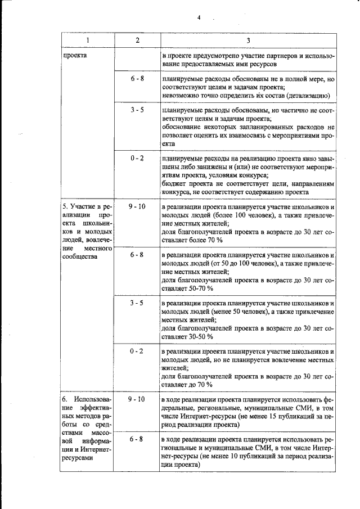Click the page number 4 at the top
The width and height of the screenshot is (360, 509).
click(x=199, y=17)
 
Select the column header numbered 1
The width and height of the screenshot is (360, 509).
click(x=87, y=41)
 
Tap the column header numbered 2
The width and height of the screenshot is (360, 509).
click(x=137, y=41)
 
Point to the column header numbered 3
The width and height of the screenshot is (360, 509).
click(x=248, y=41)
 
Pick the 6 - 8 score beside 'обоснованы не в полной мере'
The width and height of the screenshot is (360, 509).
click(x=137, y=79)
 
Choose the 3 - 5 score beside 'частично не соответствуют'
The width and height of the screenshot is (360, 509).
click(x=137, y=110)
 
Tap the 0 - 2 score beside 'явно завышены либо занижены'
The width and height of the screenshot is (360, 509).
click(x=137, y=159)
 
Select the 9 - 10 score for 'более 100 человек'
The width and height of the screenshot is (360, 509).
click(x=137, y=206)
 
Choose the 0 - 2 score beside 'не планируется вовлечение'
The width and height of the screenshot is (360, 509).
click(x=137, y=351)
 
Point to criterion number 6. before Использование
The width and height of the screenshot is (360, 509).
click(x=65, y=399)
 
